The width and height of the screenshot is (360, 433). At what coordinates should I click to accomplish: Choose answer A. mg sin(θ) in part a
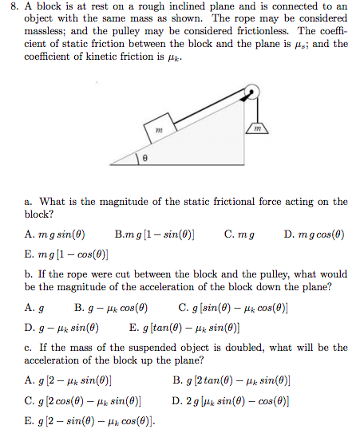coord(55,235)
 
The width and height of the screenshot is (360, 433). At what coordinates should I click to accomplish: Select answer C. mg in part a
coord(240,235)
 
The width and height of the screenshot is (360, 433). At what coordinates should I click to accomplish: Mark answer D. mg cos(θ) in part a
coord(314,235)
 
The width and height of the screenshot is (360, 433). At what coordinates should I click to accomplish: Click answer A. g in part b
coord(34,308)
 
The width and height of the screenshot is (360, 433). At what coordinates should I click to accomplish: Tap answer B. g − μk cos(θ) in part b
coord(111,308)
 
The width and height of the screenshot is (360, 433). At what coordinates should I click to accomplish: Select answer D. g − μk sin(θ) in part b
coord(62,327)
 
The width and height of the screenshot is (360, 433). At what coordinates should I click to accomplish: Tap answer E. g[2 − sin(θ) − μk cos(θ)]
coord(89,420)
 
